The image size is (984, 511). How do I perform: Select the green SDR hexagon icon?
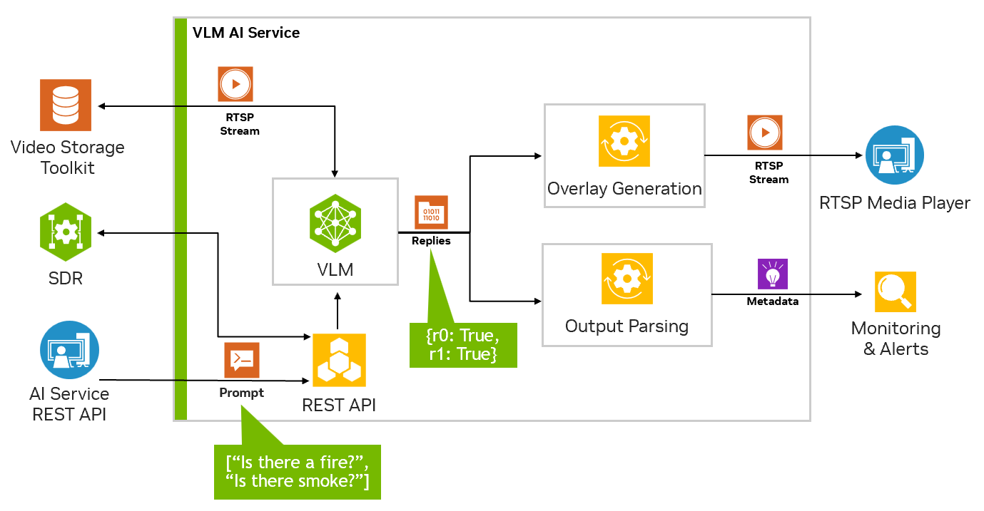[x=66, y=232]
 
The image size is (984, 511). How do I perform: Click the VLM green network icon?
[x=335, y=223]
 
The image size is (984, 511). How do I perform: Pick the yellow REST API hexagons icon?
[x=339, y=360]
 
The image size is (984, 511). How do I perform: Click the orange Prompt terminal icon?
[x=242, y=360]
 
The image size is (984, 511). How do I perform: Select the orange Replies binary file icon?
[x=431, y=213]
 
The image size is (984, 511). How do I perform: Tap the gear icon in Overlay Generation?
[x=624, y=141]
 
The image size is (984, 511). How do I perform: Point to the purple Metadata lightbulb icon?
[x=772, y=274]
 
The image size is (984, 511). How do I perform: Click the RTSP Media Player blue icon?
[x=894, y=155]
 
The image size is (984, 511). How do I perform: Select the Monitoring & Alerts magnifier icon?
[x=895, y=291]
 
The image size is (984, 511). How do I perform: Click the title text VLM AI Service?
[x=246, y=33]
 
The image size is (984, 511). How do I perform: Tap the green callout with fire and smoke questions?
[x=297, y=471]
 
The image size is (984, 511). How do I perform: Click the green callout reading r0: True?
[x=462, y=344]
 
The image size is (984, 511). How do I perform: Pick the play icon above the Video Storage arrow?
[x=235, y=85]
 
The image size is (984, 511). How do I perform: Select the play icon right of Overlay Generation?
[x=765, y=133]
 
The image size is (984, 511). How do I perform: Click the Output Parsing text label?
[x=627, y=326]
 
